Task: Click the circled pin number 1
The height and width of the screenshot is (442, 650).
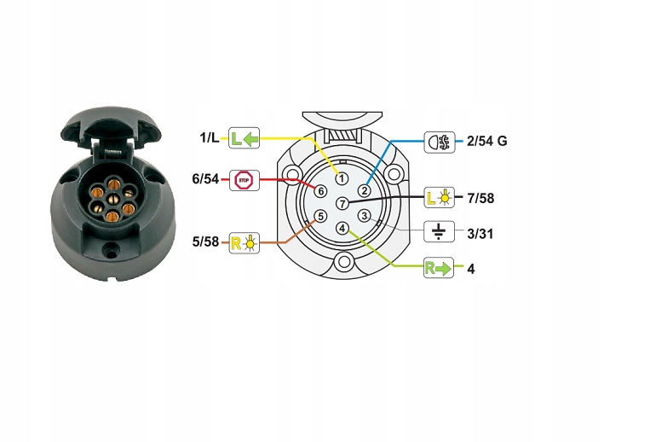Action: click(342, 179)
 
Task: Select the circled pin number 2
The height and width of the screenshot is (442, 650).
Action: click(365, 191)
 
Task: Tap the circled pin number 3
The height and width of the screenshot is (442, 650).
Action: click(365, 216)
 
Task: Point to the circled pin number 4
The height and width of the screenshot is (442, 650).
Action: click(342, 229)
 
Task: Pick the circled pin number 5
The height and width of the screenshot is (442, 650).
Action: click(320, 216)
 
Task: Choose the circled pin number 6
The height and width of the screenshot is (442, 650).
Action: click(320, 191)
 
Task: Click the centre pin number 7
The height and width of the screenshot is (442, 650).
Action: click(342, 204)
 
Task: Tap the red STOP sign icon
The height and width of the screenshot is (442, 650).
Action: click(244, 181)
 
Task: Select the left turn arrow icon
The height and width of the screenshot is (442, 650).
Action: click(244, 138)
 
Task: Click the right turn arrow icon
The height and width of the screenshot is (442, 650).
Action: click(439, 268)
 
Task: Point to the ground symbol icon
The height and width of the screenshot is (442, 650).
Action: click(439, 231)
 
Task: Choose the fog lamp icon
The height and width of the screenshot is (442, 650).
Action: click(440, 142)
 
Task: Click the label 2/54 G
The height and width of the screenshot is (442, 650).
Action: click(487, 141)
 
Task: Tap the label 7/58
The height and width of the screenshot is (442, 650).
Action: click(480, 198)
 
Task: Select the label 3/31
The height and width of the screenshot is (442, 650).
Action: click(480, 234)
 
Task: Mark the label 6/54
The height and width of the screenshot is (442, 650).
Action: click(205, 179)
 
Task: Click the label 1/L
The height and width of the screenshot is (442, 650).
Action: click(210, 137)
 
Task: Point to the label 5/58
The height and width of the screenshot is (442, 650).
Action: click(205, 241)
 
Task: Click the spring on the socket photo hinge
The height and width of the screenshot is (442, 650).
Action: click(113, 153)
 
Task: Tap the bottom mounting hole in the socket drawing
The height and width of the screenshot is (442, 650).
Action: click(344, 262)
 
